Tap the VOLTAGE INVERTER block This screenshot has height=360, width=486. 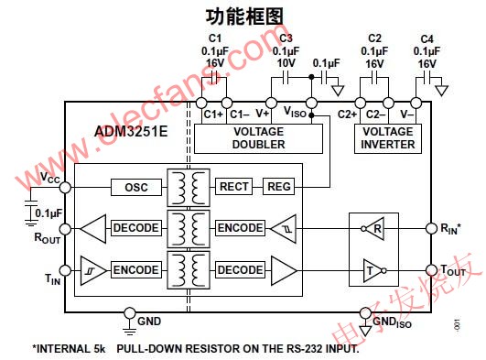(388, 138)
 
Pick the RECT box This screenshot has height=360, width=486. (234, 187)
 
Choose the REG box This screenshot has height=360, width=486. (278, 187)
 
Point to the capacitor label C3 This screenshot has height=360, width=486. (286, 38)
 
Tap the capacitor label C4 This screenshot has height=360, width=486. (426, 38)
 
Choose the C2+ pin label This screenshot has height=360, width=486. (346, 115)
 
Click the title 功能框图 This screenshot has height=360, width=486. (243, 15)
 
